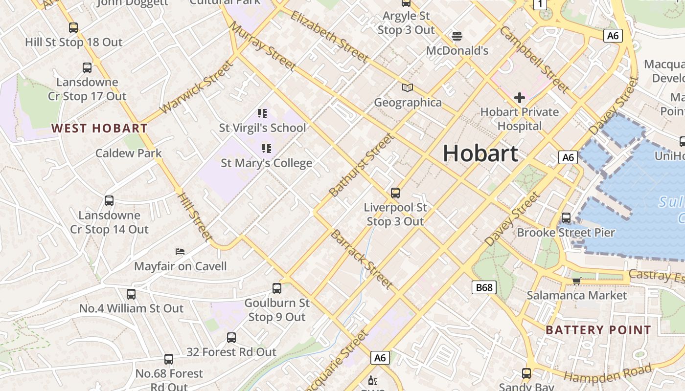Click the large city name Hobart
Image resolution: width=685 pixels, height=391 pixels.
pos(480,153)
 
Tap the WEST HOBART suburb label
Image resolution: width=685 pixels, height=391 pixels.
pos(99,129)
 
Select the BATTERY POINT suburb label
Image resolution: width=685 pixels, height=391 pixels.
pos(598,330)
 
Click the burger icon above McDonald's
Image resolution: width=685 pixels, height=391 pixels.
pos(457,36)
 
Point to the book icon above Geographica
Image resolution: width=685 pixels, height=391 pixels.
pos(408,88)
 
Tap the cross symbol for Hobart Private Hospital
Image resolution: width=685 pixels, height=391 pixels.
pos(519,98)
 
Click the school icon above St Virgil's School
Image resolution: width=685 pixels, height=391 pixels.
pos(262,113)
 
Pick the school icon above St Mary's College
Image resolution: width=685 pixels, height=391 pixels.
pos(266,148)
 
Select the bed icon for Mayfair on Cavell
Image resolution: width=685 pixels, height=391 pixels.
pos(180,252)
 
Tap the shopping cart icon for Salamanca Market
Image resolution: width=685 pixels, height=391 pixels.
pos(576,281)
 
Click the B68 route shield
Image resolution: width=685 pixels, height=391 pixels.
pos(484,287)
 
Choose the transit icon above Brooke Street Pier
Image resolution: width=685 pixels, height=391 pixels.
pos(566,218)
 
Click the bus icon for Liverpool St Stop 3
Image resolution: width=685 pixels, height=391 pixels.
pos(395,193)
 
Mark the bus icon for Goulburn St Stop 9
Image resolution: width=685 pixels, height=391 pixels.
pos(277,288)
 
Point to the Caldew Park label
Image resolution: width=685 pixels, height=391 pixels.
pos(128,153)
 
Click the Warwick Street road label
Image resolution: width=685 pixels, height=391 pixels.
pos(197,87)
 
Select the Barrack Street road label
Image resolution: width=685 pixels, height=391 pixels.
pos(362,259)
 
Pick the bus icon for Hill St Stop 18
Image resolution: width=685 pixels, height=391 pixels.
pos(73,28)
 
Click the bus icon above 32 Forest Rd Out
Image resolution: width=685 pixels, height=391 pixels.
pos(231,338)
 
